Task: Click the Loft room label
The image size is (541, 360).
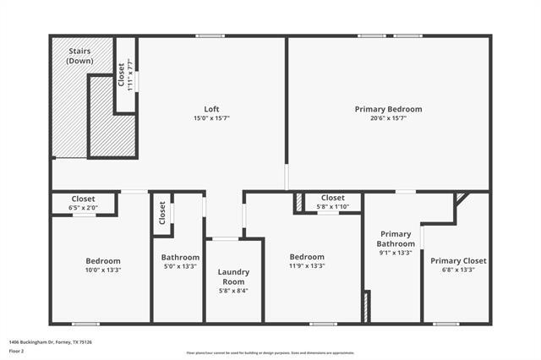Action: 211,108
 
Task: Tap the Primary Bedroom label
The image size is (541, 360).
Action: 388,109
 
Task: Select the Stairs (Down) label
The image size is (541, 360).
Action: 81,57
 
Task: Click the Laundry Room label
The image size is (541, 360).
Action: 233,276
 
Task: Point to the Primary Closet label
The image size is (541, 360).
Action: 458,260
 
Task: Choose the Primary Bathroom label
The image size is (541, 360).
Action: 396,239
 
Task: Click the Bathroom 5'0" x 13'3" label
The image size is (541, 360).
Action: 180,257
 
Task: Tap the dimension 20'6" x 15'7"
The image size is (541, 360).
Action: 388,118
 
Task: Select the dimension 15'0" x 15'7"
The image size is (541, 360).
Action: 211,118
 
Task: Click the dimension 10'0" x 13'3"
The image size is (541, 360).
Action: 103,270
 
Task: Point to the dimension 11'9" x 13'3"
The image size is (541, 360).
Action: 307,266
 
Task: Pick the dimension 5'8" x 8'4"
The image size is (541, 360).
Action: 233,291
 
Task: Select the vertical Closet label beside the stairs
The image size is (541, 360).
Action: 122,76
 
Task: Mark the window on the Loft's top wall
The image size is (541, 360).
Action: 210,35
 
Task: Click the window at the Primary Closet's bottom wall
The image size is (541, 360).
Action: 445,324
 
